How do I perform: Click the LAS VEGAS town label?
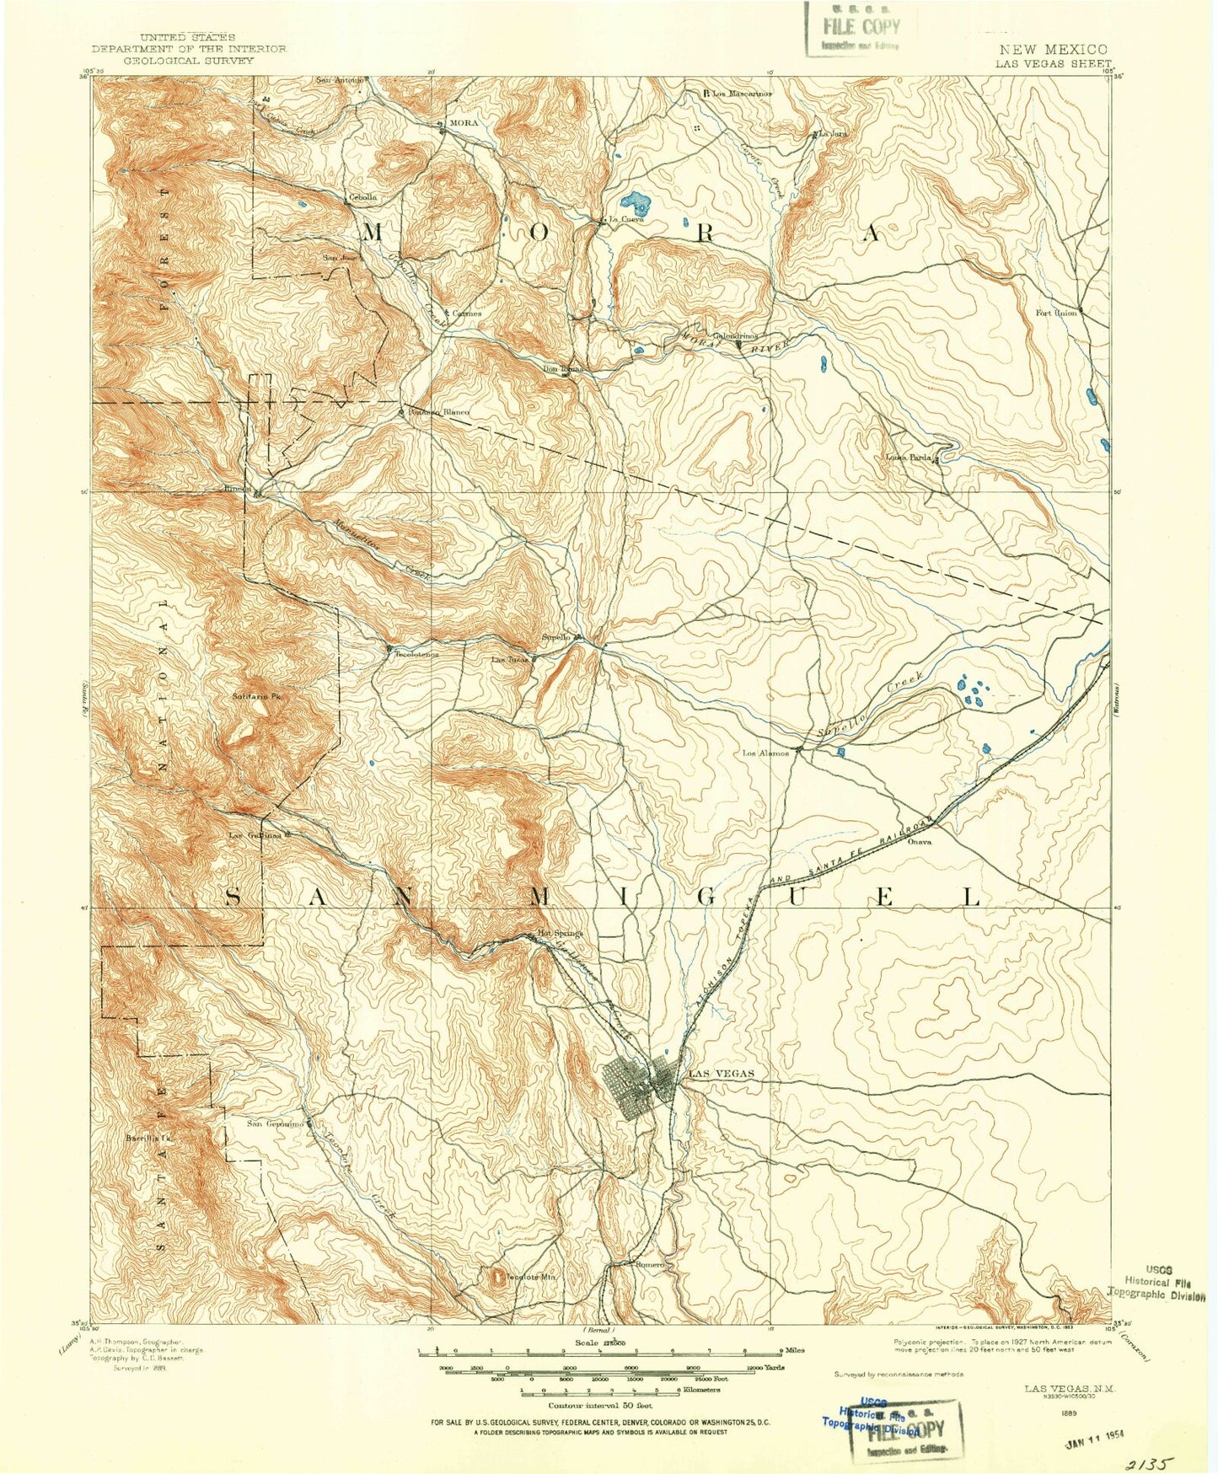pyautogui.click(x=721, y=1074)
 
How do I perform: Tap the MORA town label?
pyautogui.click(x=464, y=123)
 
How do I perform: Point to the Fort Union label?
pyautogui.click(x=1056, y=313)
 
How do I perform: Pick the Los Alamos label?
pyautogui.click(x=765, y=753)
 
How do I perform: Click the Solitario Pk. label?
pyautogui.click(x=255, y=696)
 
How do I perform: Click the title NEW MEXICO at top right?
pyautogui.click(x=1053, y=50)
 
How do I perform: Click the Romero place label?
pyautogui.click(x=651, y=1264)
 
